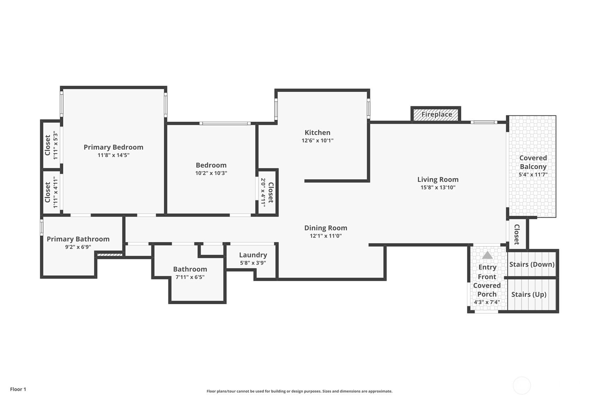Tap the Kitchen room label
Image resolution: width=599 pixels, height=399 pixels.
[317, 133]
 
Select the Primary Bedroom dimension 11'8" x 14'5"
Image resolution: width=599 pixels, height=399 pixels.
[113, 155]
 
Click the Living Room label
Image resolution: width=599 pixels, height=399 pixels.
[438, 180]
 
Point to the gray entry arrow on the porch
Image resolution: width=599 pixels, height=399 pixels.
[487, 255]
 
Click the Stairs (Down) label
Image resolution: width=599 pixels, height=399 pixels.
[532, 264]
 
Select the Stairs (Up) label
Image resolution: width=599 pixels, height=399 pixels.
[528, 294]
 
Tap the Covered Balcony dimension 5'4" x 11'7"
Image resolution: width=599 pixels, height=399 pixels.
[533, 175]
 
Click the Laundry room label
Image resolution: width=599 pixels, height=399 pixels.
[253, 255]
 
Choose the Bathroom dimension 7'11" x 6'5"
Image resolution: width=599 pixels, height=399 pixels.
[190, 277]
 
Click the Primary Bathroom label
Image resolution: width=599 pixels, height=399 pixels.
[78, 239]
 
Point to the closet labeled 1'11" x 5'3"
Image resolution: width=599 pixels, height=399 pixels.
[51, 145]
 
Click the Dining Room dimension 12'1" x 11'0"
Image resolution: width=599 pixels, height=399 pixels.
[325, 236]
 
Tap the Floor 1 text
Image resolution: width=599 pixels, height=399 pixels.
[18, 389]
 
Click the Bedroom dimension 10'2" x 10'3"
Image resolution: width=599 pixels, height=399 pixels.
[211, 173]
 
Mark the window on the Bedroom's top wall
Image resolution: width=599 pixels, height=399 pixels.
[225, 123]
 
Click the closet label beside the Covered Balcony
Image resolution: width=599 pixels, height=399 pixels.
[517, 234]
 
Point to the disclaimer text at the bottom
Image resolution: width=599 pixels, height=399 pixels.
[299, 391]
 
